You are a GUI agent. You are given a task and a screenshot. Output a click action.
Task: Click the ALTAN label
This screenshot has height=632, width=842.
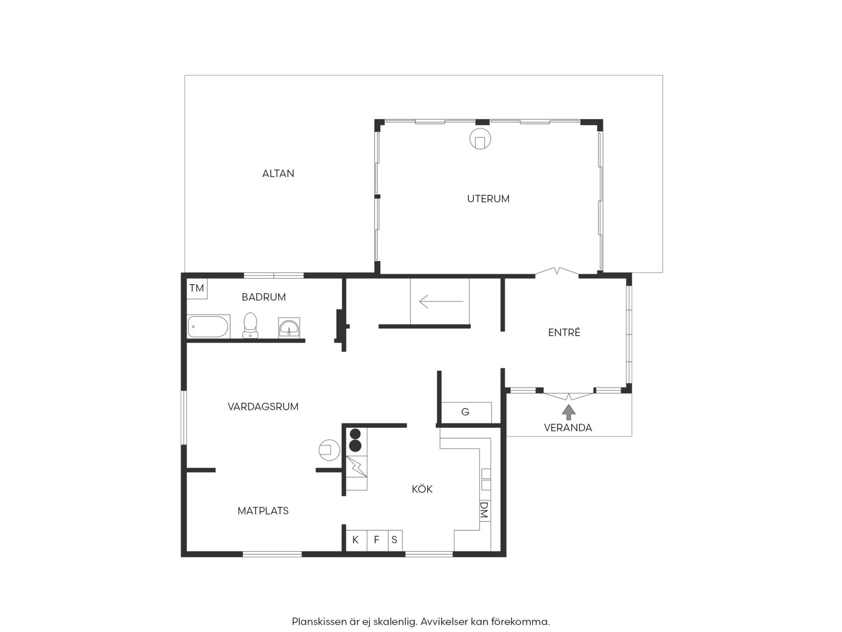[x=278, y=174]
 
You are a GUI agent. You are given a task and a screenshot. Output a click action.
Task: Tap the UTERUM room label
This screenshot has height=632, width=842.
[x=488, y=199]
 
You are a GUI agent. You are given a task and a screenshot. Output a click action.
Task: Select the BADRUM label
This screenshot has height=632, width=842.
[x=264, y=297]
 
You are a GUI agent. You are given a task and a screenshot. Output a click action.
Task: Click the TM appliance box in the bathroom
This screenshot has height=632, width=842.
[x=197, y=288]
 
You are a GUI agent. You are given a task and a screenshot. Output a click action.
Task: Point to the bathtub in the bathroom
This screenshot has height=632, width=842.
[x=209, y=327]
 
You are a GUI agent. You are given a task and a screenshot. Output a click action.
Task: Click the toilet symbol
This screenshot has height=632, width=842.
[x=251, y=325]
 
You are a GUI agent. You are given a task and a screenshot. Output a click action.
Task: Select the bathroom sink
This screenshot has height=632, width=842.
[x=289, y=328]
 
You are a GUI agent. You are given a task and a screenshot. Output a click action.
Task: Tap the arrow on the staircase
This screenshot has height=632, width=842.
[x=441, y=301]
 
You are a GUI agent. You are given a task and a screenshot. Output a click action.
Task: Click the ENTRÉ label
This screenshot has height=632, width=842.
[x=564, y=332]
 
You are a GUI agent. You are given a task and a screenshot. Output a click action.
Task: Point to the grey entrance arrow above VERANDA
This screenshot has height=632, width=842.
[x=569, y=412]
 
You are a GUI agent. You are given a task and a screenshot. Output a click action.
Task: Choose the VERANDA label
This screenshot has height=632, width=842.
[x=568, y=428]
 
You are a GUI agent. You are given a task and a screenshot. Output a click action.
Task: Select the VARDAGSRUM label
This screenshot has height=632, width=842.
[x=263, y=407]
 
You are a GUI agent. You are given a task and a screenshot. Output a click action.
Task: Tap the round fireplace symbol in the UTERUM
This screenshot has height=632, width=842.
[x=480, y=139]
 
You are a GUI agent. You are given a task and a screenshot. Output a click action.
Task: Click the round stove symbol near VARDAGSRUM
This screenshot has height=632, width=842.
[x=329, y=450]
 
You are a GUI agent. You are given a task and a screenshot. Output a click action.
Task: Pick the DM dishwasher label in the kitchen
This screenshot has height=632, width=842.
[x=485, y=510]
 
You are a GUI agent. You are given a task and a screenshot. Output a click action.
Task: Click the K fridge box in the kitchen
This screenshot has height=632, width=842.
[x=356, y=540]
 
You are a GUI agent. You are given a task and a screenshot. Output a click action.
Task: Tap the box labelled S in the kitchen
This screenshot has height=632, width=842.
[x=395, y=540]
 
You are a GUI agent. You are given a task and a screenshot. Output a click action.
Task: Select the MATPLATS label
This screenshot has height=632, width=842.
[x=263, y=511]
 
